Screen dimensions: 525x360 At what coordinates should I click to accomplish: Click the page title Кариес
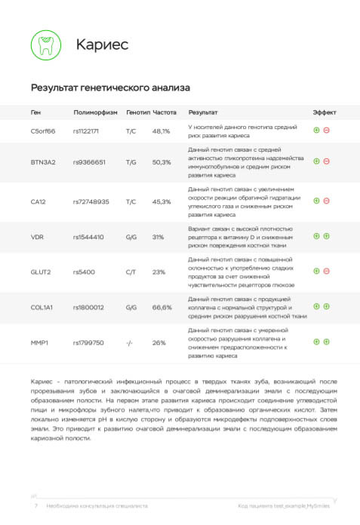click(102, 45)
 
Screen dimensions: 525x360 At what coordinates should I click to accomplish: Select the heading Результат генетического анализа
click(110, 88)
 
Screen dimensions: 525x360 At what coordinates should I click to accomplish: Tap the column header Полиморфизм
click(95, 112)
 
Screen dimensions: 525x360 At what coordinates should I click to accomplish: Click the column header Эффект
click(325, 112)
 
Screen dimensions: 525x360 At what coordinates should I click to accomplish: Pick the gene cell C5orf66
click(43, 131)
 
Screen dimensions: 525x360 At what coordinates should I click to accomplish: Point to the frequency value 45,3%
click(162, 202)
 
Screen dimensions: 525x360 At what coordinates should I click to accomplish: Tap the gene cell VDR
click(37, 237)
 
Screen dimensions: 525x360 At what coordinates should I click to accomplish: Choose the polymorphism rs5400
click(84, 272)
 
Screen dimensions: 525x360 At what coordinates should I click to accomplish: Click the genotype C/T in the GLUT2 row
click(131, 272)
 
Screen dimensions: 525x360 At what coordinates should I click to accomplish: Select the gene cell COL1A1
click(42, 307)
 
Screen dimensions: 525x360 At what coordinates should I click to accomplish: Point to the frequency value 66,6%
click(162, 307)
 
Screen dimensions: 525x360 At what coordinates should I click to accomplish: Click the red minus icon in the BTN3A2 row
click(327, 161)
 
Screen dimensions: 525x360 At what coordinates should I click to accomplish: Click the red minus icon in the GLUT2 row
click(327, 271)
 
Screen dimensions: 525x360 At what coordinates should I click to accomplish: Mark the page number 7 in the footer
click(35, 506)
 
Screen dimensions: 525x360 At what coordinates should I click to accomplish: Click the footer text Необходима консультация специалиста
click(97, 506)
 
